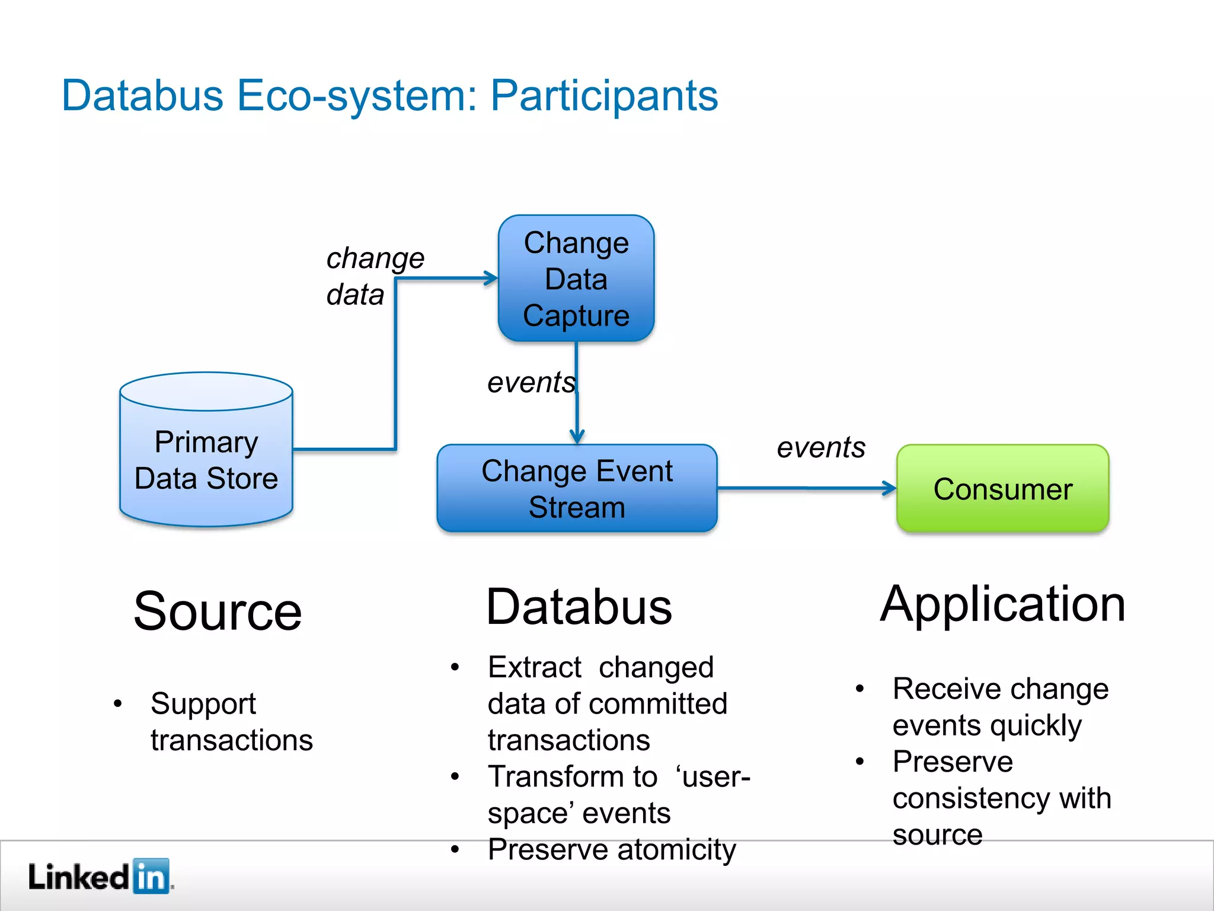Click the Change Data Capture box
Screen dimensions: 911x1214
point(576,278)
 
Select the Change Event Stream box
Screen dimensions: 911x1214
point(577,489)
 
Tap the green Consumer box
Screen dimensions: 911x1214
point(1002,489)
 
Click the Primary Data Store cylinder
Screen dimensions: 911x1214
point(206,460)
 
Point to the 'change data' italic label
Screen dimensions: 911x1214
point(374,276)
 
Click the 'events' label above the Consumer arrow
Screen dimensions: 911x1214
point(820,447)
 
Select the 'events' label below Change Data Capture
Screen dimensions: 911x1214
point(531,383)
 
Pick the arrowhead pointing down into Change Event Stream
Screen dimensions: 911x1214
point(577,437)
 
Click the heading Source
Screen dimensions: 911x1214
point(218,611)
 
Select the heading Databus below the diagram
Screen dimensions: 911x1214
point(579,607)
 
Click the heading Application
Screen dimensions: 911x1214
point(1002,604)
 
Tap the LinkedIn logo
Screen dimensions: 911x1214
point(100,876)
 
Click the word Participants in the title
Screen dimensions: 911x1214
point(604,95)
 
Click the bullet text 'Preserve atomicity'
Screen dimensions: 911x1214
point(611,849)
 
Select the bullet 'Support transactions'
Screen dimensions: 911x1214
point(231,722)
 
